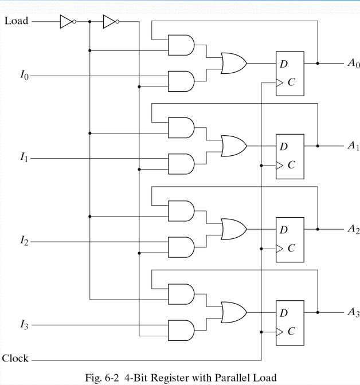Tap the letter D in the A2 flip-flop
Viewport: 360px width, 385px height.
(x=284, y=229)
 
